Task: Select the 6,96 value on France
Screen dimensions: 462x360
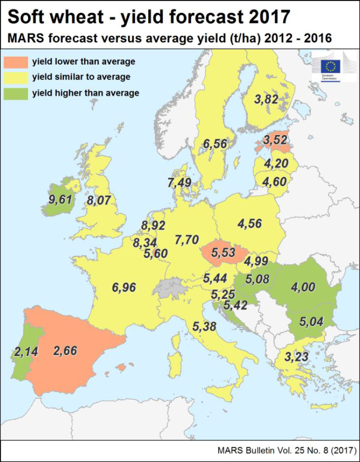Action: click(x=124, y=288)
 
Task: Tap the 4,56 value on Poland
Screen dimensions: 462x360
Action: click(x=249, y=224)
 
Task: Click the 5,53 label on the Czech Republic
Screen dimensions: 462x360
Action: click(x=224, y=253)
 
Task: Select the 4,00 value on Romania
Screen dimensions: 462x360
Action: click(x=303, y=287)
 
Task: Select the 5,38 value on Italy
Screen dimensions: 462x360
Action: click(x=205, y=326)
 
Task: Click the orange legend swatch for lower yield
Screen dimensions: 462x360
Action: click(x=16, y=61)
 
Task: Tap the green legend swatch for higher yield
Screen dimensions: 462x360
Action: click(x=16, y=93)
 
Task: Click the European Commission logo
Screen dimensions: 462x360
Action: click(x=331, y=67)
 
